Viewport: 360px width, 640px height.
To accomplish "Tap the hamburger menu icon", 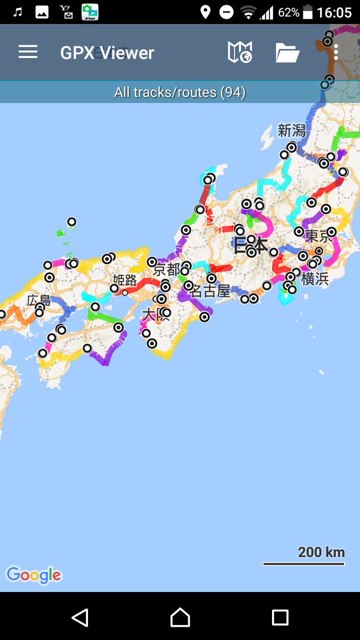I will (x=28, y=52).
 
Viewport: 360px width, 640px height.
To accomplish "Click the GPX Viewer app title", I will (x=107, y=53).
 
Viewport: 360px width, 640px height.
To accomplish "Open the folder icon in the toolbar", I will (x=287, y=53).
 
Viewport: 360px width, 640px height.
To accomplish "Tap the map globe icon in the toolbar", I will (x=239, y=52).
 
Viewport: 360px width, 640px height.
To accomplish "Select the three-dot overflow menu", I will (x=336, y=52).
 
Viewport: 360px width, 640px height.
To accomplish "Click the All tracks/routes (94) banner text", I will (x=180, y=92).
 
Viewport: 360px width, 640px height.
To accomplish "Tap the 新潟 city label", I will (x=292, y=131).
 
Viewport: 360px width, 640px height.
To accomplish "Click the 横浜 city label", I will (x=315, y=278).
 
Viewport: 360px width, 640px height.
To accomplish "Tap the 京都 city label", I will (x=166, y=269).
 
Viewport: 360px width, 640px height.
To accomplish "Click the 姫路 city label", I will (x=125, y=280).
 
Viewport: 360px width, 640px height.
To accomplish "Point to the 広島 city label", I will (x=39, y=300).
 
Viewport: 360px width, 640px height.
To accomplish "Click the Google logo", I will (x=34, y=575).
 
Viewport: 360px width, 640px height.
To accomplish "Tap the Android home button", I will (x=180, y=617).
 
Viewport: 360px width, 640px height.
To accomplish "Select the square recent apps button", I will (x=280, y=617).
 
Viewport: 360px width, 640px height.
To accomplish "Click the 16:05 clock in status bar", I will (x=334, y=12).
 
